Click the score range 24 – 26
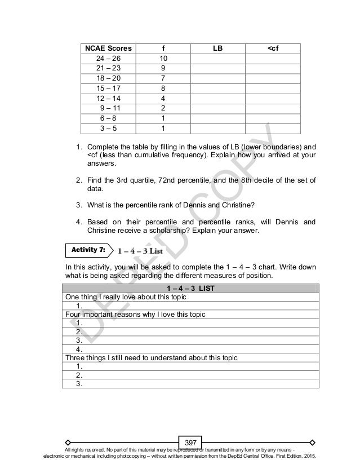[x=107, y=59]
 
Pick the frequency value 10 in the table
[x=163, y=59]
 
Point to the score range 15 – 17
[x=107, y=89]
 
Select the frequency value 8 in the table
[x=163, y=89]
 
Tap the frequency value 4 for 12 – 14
[x=163, y=99]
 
